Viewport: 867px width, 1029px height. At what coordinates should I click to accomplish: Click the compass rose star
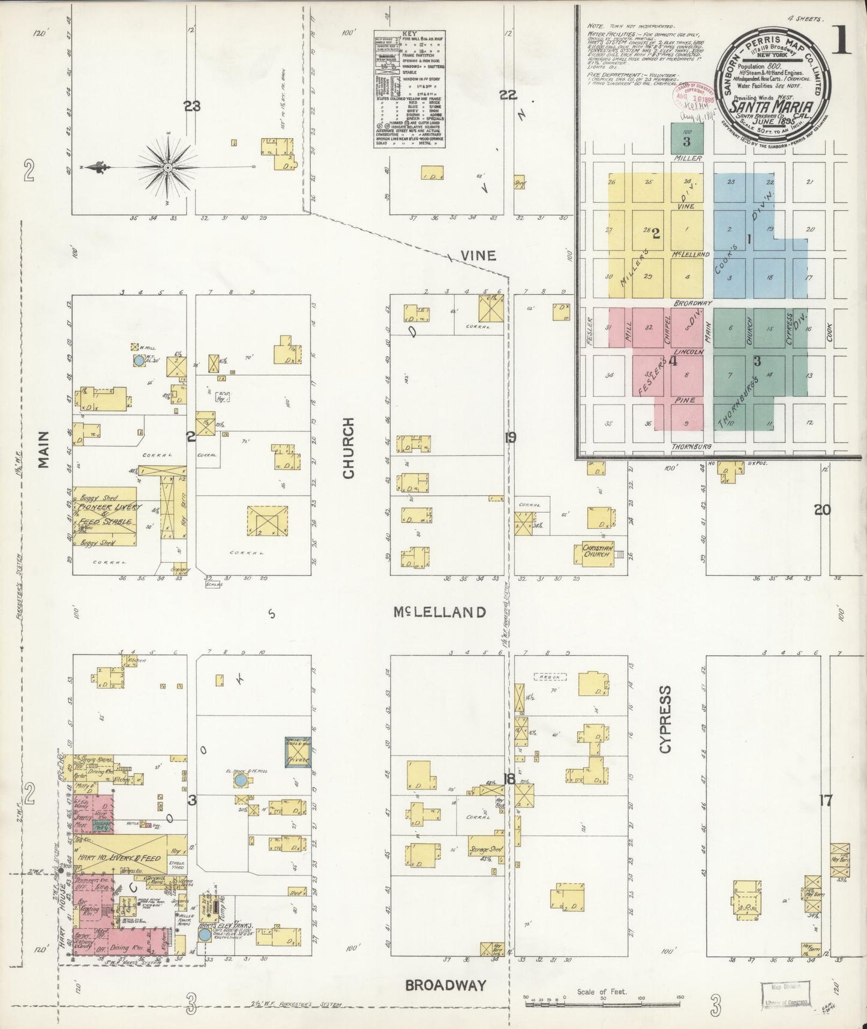coord(167,167)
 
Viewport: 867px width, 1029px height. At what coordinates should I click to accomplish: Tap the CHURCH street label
coord(349,448)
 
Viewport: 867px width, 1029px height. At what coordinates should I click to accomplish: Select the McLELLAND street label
coord(439,612)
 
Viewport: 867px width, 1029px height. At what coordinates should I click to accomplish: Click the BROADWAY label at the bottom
coord(445,985)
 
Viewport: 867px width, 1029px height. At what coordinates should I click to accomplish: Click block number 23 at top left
coord(192,107)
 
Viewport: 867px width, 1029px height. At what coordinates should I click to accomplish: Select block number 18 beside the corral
coord(509,779)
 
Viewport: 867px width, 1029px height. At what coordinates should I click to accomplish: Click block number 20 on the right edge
coord(821,510)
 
